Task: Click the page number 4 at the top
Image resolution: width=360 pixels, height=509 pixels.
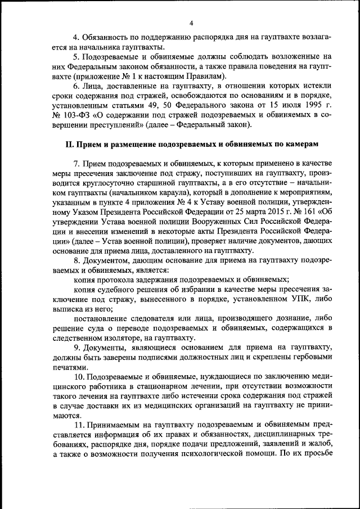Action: [191, 23]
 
